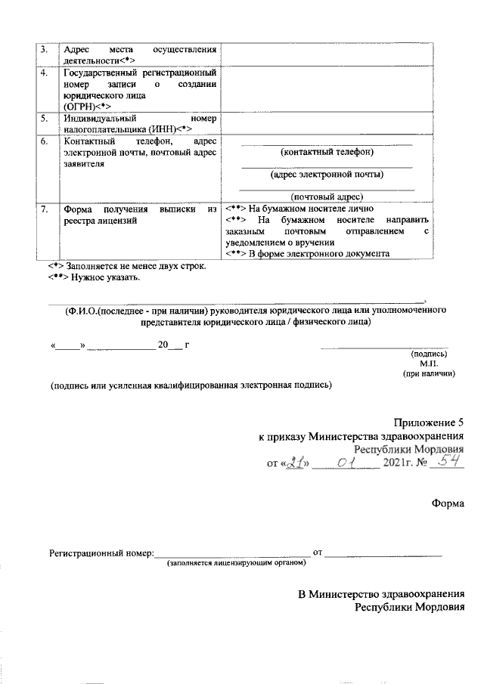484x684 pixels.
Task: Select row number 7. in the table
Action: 45,209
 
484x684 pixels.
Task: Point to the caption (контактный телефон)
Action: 327,153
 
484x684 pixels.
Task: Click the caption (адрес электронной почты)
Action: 327,175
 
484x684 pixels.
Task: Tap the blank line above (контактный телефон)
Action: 327,143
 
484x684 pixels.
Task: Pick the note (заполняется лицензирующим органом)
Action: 237,564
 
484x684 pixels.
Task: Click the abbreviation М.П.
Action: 440,363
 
